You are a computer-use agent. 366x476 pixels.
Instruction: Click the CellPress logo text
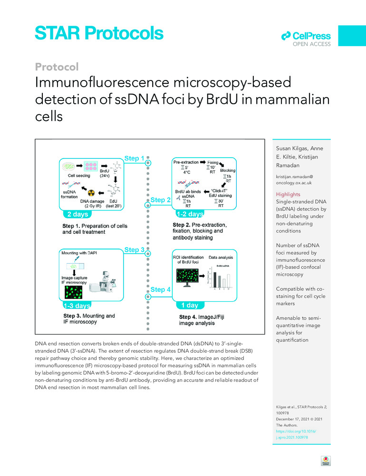click(x=312, y=36)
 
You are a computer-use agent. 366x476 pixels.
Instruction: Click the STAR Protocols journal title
click(x=99, y=33)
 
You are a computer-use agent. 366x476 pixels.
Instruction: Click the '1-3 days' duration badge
click(x=77, y=305)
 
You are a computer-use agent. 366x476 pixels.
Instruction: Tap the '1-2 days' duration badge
click(x=190, y=214)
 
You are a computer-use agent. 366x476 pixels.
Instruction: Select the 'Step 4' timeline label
click(x=161, y=289)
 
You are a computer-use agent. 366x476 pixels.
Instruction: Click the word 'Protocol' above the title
click(x=57, y=67)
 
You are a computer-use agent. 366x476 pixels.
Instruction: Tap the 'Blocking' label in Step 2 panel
click(x=228, y=170)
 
